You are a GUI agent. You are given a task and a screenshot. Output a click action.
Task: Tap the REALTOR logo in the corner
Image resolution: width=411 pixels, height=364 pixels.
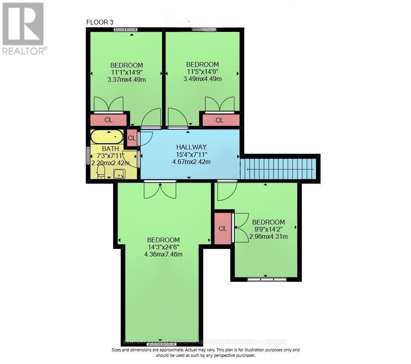pyautogui.click(x=24, y=28)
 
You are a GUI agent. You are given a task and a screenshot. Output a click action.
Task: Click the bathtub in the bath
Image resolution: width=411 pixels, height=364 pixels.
pyautogui.click(x=106, y=137)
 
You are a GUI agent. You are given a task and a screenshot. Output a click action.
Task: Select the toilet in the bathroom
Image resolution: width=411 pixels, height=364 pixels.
pyautogui.click(x=101, y=172)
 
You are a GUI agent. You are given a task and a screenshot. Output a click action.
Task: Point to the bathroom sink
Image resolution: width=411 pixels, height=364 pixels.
pyautogui.click(x=119, y=174)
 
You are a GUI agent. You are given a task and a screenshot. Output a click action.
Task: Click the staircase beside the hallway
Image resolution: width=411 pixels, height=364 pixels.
pyautogui.click(x=279, y=169)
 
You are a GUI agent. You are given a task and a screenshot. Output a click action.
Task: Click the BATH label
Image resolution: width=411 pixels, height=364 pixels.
pyautogui.click(x=110, y=149)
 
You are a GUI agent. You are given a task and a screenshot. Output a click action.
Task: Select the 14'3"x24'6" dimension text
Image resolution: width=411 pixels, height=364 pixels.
pyautogui.click(x=163, y=247)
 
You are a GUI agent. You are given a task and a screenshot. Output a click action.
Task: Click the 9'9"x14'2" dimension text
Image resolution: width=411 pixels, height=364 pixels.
pyautogui.click(x=268, y=229)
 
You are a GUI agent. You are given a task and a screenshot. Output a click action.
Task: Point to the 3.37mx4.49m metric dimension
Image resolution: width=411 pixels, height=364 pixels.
pyautogui.click(x=126, y=79)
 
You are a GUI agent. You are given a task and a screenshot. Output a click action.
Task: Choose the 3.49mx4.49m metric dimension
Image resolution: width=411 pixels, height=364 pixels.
pyautogui.click(x=202, y=79)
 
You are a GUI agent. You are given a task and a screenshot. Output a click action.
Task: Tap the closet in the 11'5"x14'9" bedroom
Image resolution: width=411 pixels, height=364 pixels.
pyautogui.click(x=219, y=120)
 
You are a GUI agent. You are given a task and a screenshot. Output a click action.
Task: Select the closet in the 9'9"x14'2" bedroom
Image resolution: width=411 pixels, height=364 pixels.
pyautogui.click(x=222, y=228)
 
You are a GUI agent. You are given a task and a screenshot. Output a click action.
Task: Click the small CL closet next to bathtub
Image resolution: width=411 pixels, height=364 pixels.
pyautogui.click(x=132, y=138)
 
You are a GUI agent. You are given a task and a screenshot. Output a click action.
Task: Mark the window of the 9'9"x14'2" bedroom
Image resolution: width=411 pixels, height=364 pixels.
pyautogui.click(x=266, y=279)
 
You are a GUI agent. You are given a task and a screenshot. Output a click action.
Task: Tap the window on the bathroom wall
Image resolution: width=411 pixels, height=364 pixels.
pyautogui.click(x=88, y=156)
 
